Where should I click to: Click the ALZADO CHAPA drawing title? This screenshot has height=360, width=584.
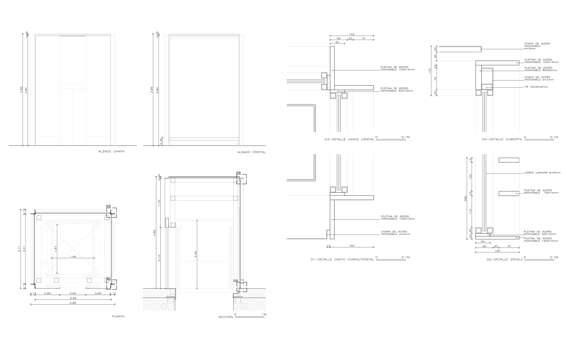tap(111, 152)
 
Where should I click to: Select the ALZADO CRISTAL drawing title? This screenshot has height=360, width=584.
tap(251, 152)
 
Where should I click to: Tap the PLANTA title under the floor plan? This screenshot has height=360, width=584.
tap(118, 317)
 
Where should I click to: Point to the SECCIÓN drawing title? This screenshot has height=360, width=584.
tap(226, 317)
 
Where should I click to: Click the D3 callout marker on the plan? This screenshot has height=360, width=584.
tap(108, 206)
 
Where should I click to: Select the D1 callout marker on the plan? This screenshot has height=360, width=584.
tap(108, 278)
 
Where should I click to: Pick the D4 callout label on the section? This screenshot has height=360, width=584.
tap(238, 173)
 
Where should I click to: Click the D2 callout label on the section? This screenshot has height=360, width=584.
tap(235, 280)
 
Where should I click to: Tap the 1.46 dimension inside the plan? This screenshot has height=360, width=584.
tap(73, 256)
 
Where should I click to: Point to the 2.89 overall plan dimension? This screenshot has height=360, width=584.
tap(73, 303)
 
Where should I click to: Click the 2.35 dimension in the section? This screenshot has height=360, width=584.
tap(195, 254)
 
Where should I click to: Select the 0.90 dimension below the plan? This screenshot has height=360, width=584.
tap(73, 293)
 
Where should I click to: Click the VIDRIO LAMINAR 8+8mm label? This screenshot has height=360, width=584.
tap(542, 173)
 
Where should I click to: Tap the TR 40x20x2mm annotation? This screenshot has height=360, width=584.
tap(536, 87)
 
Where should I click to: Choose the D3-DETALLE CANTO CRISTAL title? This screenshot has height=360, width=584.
tap(349, 139)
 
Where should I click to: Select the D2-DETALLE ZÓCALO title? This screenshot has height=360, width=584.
tap(505, 260)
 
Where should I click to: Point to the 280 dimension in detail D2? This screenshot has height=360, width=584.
tap(465, 198)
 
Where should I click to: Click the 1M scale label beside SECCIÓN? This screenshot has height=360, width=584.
tap(264, 314)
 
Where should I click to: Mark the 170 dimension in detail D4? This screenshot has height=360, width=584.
tap(430, 71)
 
